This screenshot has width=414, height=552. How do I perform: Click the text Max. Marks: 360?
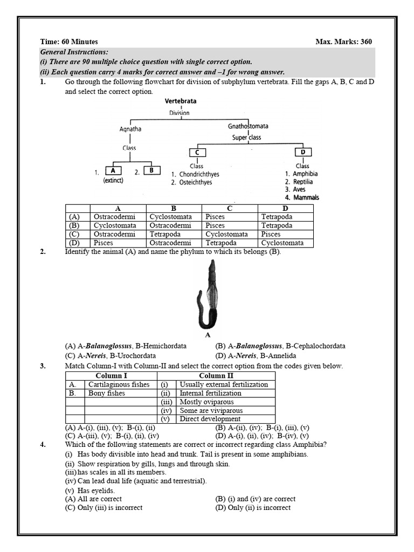343,42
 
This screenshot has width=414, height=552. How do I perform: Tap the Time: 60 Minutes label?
69,42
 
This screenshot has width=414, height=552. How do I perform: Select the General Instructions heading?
74,52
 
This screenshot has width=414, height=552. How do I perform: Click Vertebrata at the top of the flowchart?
180,101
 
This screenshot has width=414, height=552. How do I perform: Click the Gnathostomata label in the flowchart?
247,126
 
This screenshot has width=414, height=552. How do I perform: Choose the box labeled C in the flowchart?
197,153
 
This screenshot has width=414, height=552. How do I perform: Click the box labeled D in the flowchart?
303,153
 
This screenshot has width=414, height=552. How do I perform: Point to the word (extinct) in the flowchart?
113,181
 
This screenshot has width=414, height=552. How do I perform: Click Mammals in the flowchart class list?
306,198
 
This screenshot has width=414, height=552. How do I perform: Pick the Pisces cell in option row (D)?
103,243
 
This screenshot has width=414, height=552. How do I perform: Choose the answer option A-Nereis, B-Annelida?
256,356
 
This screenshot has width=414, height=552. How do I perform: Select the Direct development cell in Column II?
210,419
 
